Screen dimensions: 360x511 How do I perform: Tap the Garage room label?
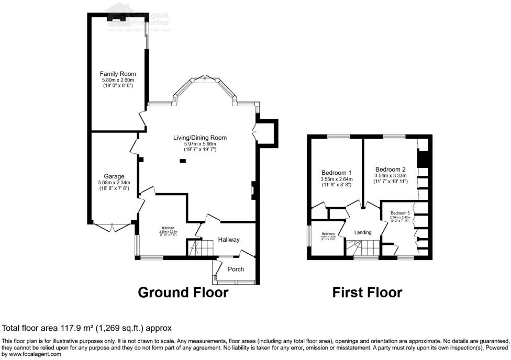click(x=113, y=176)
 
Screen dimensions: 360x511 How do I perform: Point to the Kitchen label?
click(x=168, y=228)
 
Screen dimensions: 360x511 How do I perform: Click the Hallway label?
click(x=229, y=240)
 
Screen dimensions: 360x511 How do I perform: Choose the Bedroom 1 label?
click(x=336, y=173)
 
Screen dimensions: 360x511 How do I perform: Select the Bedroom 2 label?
click(x=390, y=169)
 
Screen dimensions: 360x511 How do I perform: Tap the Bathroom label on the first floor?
click(x=328, y=234)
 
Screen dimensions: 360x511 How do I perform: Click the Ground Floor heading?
click(x=183, y=292)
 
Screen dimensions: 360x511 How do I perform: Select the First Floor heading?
click(x=367, y=292)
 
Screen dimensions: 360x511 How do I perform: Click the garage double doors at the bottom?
click(x=113, y=228)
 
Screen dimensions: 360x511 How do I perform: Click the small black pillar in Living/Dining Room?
click(x=182, y=161)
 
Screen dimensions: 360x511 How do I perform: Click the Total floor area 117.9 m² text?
click(x=87, y=329)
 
